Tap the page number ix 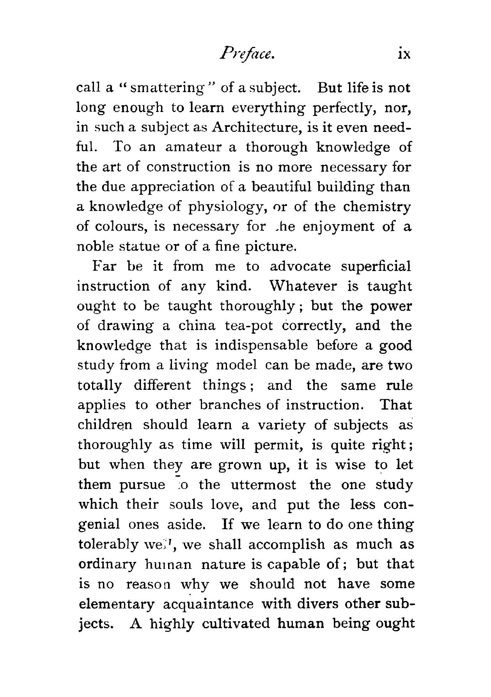click(402, 54)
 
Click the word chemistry click(377, 207)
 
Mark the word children click(106, 425)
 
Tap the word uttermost click(263, 485)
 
